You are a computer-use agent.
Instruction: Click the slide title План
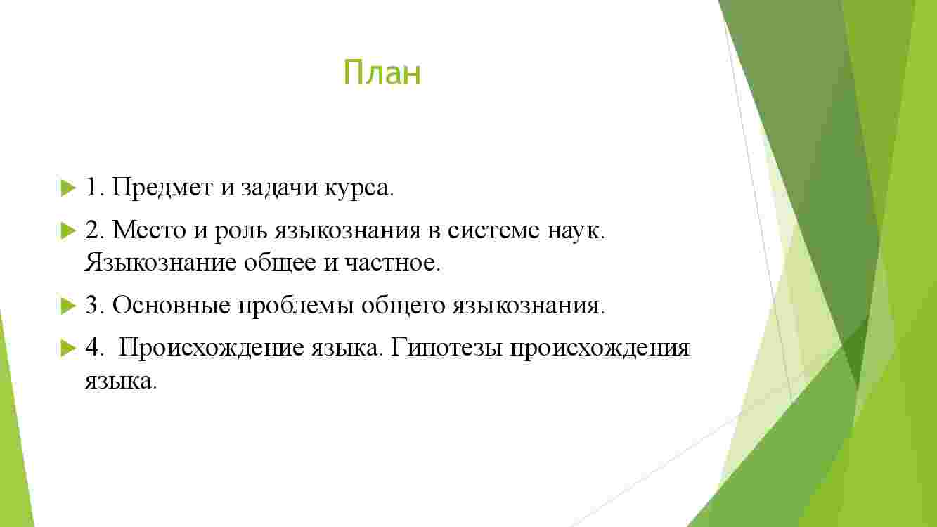pyautogui.click(x=382, y=73)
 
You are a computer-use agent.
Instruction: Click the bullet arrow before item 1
pyautogui.click(x=67, y=188)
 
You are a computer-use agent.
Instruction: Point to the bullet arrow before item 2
pyautogui.click(x=67, y=230)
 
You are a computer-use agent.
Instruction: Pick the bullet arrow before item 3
pyautogui.click(x=67, y=306)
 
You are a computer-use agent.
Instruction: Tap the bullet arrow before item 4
pyautogui.click(x=67, y=348)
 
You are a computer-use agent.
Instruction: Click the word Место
pyautogui.click(x=148, y=230)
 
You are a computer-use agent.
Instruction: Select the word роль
pyautogui.click(x=240, y=231)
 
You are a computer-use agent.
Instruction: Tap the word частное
pyautogui.click(x=392, y=264)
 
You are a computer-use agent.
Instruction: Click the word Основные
pyautogui.click(x=171, y=305)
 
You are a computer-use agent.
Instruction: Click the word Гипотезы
pyautogui.click(x=446, y=348)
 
